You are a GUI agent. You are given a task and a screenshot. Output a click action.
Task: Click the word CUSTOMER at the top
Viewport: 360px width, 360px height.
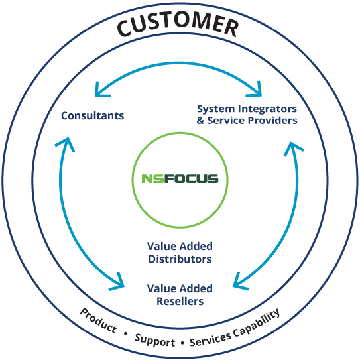coord(178,25)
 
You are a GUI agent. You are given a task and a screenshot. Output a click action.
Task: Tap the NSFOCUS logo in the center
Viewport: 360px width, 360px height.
coord(180,178)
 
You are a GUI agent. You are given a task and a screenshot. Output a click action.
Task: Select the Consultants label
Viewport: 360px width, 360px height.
coord(93,115)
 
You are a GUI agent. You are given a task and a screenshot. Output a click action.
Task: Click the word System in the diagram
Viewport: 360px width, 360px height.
coord(215,109)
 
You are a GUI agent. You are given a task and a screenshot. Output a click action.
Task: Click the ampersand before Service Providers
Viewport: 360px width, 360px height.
coord(200,120)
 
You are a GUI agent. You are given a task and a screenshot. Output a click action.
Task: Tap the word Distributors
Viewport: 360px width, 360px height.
coord(180,259)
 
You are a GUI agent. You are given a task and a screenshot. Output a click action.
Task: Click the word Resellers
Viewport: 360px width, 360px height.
coord(180,301)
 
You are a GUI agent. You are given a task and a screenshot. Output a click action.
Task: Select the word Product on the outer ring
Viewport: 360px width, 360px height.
coord(98,320)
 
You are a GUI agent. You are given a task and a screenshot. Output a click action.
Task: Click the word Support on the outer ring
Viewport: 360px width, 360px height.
coord(154,341)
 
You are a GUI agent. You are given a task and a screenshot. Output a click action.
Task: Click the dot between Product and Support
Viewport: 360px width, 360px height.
coord(125,333)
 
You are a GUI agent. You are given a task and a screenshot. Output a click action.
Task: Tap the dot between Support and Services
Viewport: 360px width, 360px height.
coord(182,343)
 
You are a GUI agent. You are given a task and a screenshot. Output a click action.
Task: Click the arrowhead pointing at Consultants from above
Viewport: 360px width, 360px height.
coord(101,91)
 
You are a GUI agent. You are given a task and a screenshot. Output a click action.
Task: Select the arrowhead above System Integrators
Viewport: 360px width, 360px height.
coord(255,90)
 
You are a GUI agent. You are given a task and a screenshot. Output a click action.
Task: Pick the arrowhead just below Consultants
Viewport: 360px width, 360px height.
coord(66,143)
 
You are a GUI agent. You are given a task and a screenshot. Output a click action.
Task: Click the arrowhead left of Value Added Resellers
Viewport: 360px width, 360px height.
coord(118,282)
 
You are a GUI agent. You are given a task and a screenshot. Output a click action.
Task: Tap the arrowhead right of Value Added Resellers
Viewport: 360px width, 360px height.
coord(239,282)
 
